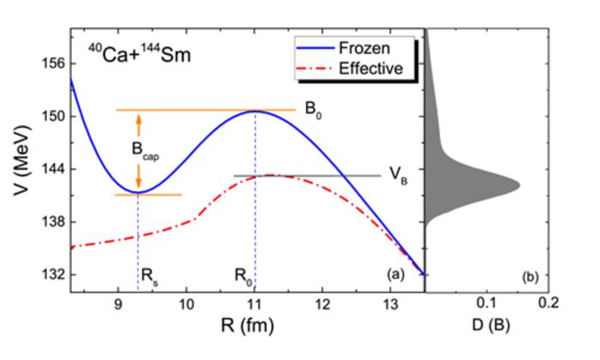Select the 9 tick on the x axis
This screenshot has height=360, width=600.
point(118,304)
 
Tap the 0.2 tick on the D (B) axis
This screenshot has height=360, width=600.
point(549,304)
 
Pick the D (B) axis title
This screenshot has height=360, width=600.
point(488,330)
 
